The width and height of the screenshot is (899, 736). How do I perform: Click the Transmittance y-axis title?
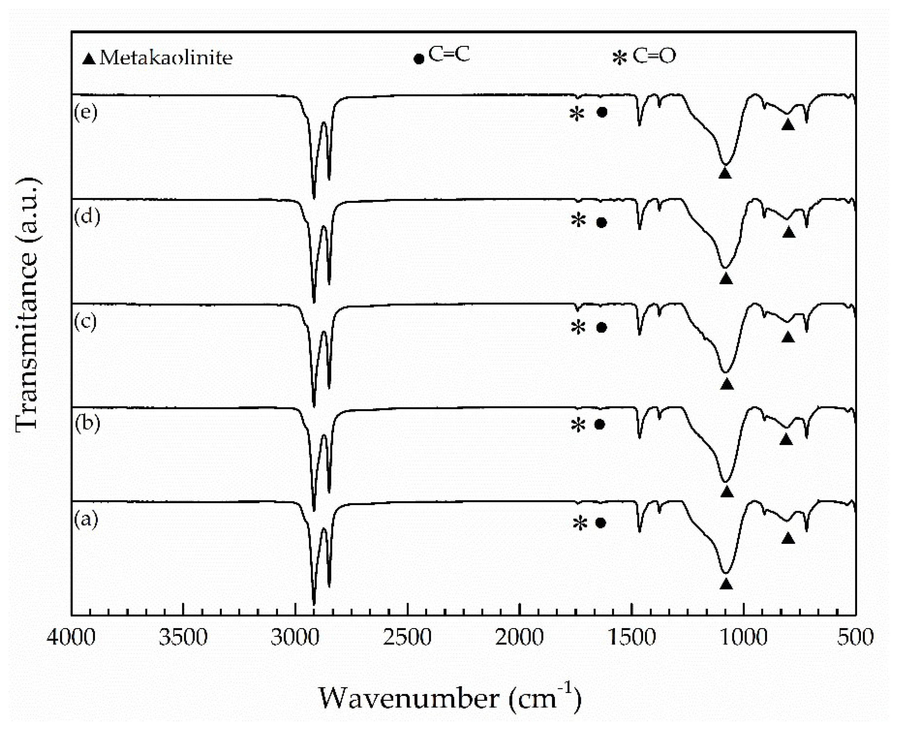(x=28, y=304)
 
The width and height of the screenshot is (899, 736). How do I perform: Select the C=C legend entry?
(x=442, y=55)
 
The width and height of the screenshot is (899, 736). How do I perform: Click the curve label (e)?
(x=86, y=112)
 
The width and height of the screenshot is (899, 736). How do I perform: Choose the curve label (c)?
(x=86, y=322)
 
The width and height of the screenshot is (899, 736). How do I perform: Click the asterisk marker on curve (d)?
(x=578, y=221)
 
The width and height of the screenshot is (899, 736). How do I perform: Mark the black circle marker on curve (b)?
(x=599, y=424)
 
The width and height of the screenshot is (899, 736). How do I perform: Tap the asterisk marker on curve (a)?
(x=579, y=523)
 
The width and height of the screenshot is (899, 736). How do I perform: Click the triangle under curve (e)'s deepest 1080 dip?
(x=725, y=173)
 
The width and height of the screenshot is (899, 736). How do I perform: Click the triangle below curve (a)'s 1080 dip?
(x=726, y=584)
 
